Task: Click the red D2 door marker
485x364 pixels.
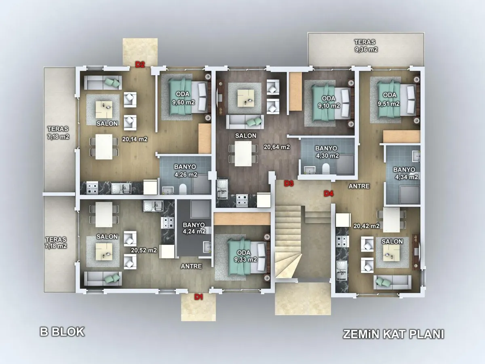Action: pos(140,65)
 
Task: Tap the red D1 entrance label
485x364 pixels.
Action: pos(198,297)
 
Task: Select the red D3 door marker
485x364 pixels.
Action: pos(289,183)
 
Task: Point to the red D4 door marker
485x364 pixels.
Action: pos(329,194)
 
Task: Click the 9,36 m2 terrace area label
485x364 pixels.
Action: pos(366,49)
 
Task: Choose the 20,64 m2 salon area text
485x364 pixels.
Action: pos(276,147)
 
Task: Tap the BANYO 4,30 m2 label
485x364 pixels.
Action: pos(327,152)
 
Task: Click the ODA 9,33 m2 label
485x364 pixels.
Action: pos(245,256)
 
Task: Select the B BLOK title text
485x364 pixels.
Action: pos(62,332)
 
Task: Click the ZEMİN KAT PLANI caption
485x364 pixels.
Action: pos(394,334)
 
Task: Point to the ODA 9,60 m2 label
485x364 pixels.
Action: pos(183,98)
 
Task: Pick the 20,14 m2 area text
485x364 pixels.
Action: pos(135,139)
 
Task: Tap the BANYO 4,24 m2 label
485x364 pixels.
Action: pos(194,228)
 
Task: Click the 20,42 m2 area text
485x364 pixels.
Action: pos(366,226)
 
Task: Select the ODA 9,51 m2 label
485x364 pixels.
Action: pos(389,99)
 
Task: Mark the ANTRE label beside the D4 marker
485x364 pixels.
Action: pos(359,186)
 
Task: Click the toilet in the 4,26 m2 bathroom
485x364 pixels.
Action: pos(183,188)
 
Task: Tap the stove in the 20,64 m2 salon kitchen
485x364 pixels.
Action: pos(242,200)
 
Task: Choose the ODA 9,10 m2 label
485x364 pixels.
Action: pos(329,102)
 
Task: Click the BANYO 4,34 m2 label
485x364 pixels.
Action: pos(405,173)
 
